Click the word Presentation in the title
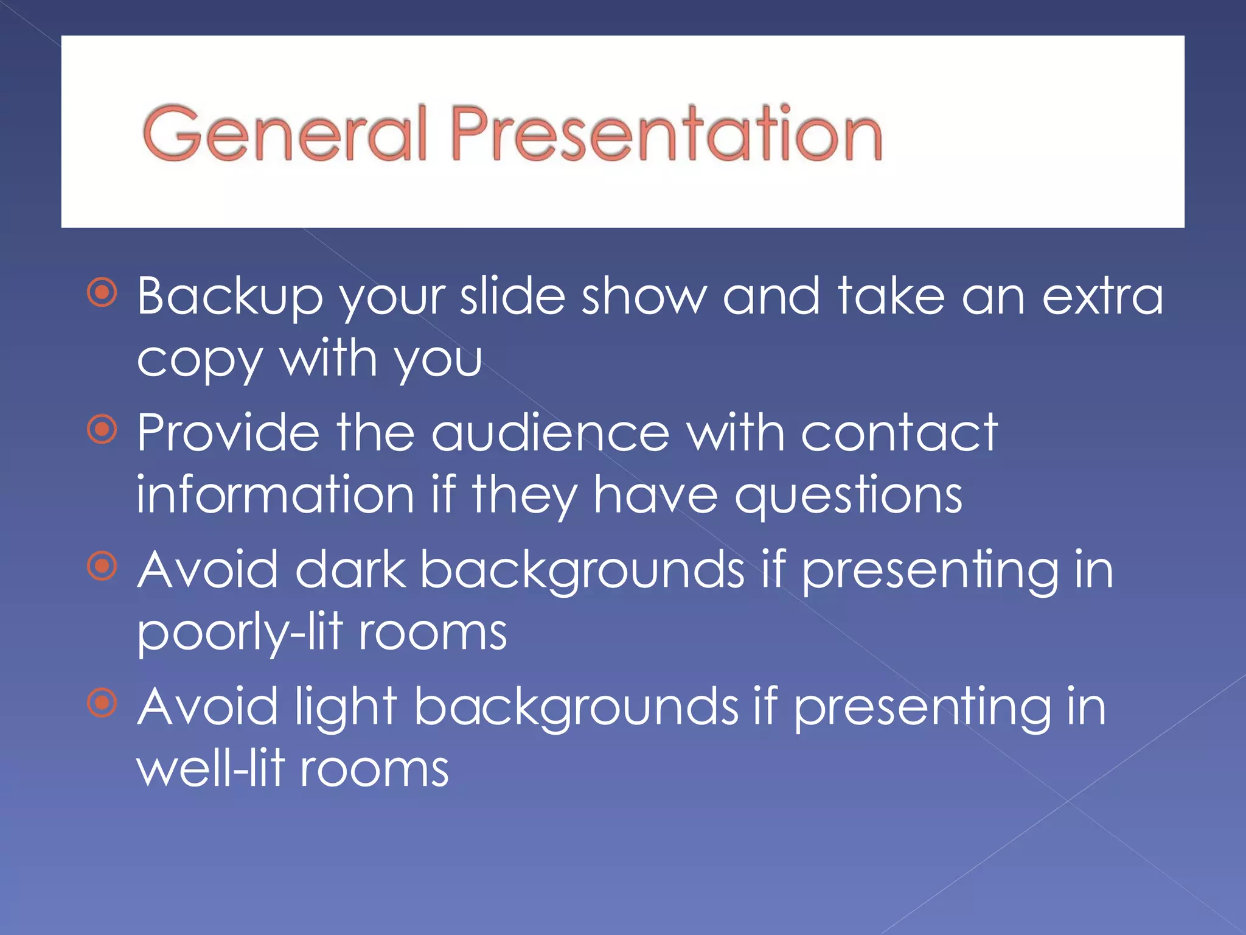tap(666, 133)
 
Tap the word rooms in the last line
tap(374, 769)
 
